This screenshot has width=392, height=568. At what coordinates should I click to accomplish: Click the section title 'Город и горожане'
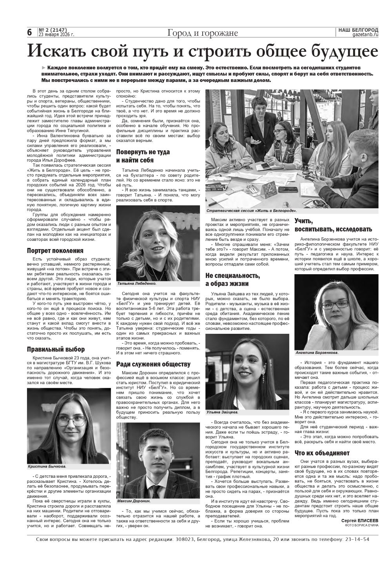pos(202,33)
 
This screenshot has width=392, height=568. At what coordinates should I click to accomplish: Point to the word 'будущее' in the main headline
pos(345,52)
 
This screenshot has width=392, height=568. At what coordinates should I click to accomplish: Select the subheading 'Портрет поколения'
pos(55,251)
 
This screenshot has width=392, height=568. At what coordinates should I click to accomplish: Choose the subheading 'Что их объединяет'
pos(322,453)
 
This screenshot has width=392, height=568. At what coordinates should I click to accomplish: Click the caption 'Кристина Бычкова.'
pos(47,466)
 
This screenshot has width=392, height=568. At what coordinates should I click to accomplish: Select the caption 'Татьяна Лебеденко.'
pos(136,283)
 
